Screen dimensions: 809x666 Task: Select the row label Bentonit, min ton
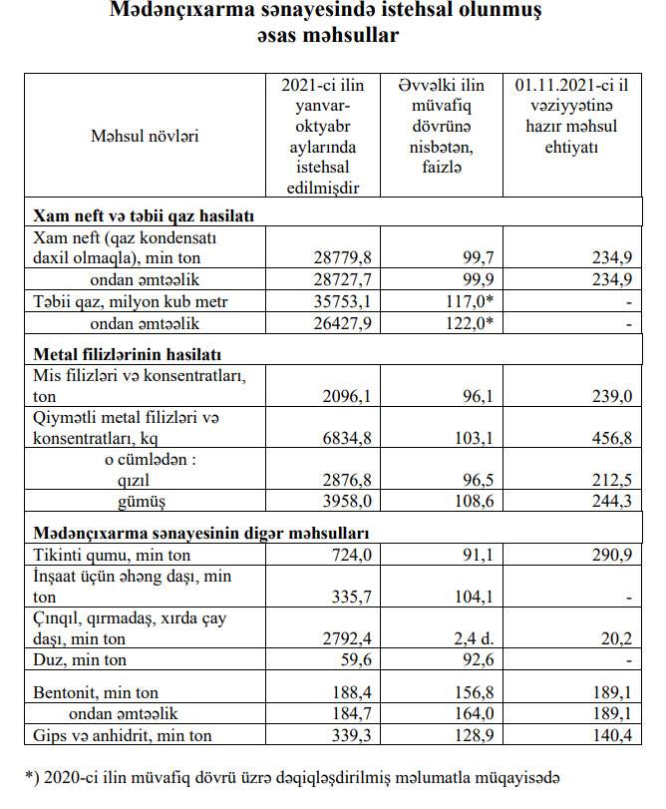point(96,691)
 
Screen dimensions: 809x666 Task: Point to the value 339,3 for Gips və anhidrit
point(340,735)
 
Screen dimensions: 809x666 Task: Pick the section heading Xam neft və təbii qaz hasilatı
point(145,215)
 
